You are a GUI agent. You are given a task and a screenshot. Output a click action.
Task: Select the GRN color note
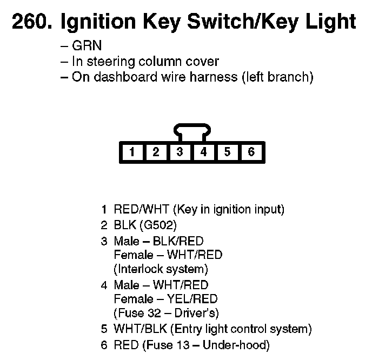[x=87, y=46]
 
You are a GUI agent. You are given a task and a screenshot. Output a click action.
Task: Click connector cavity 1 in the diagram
[x=131, y=152]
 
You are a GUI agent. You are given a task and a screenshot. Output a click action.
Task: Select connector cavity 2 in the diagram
[x=155, y=152]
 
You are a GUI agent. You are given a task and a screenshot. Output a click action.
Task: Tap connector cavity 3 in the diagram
[x=180, y=152]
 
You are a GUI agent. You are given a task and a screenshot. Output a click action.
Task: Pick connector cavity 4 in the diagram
[x=203, y=152]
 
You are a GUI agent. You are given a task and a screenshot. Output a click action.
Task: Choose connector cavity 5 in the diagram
[x=227, y=152]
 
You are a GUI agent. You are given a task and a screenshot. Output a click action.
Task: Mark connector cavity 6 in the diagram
[x=251, y=152]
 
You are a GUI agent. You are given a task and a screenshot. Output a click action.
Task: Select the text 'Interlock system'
[x=161, y=269]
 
